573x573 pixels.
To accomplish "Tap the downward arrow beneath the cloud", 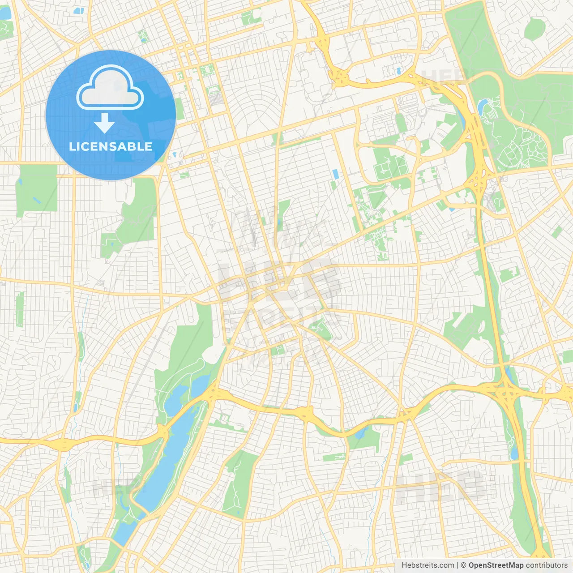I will click(104, 123).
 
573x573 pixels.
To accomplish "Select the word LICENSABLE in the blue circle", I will click(111, 146).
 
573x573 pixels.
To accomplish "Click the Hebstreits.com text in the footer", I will click(428, 565).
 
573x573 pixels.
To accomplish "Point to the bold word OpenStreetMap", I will click(496, 565).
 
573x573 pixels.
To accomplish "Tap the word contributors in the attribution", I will click(546, 565).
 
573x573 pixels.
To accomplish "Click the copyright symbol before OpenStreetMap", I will click(464, 565).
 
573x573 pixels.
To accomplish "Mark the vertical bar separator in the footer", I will click(458, 565).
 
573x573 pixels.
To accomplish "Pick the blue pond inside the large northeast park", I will click(483, 107).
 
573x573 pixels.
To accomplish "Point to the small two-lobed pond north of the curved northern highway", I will click(398, 71).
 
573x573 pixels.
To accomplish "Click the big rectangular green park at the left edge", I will click(36, 188).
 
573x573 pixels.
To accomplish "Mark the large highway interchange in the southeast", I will click(506, 394).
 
